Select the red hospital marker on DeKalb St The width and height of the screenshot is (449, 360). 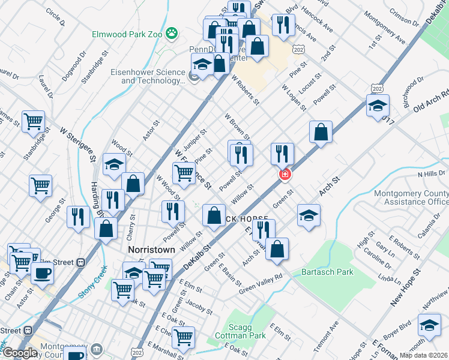285,175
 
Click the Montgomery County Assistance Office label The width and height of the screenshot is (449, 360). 411,198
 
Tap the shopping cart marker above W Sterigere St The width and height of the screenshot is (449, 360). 34,121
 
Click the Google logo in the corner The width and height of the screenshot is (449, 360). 19,353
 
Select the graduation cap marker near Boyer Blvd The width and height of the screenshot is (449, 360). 429,326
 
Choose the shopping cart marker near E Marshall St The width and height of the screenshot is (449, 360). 183,337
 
